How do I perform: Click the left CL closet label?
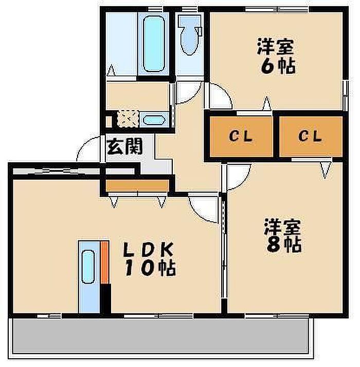(240, 136)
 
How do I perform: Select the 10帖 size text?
(149, 268)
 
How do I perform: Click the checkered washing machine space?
(126, 119)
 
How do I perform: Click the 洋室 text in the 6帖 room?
(276, 47)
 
